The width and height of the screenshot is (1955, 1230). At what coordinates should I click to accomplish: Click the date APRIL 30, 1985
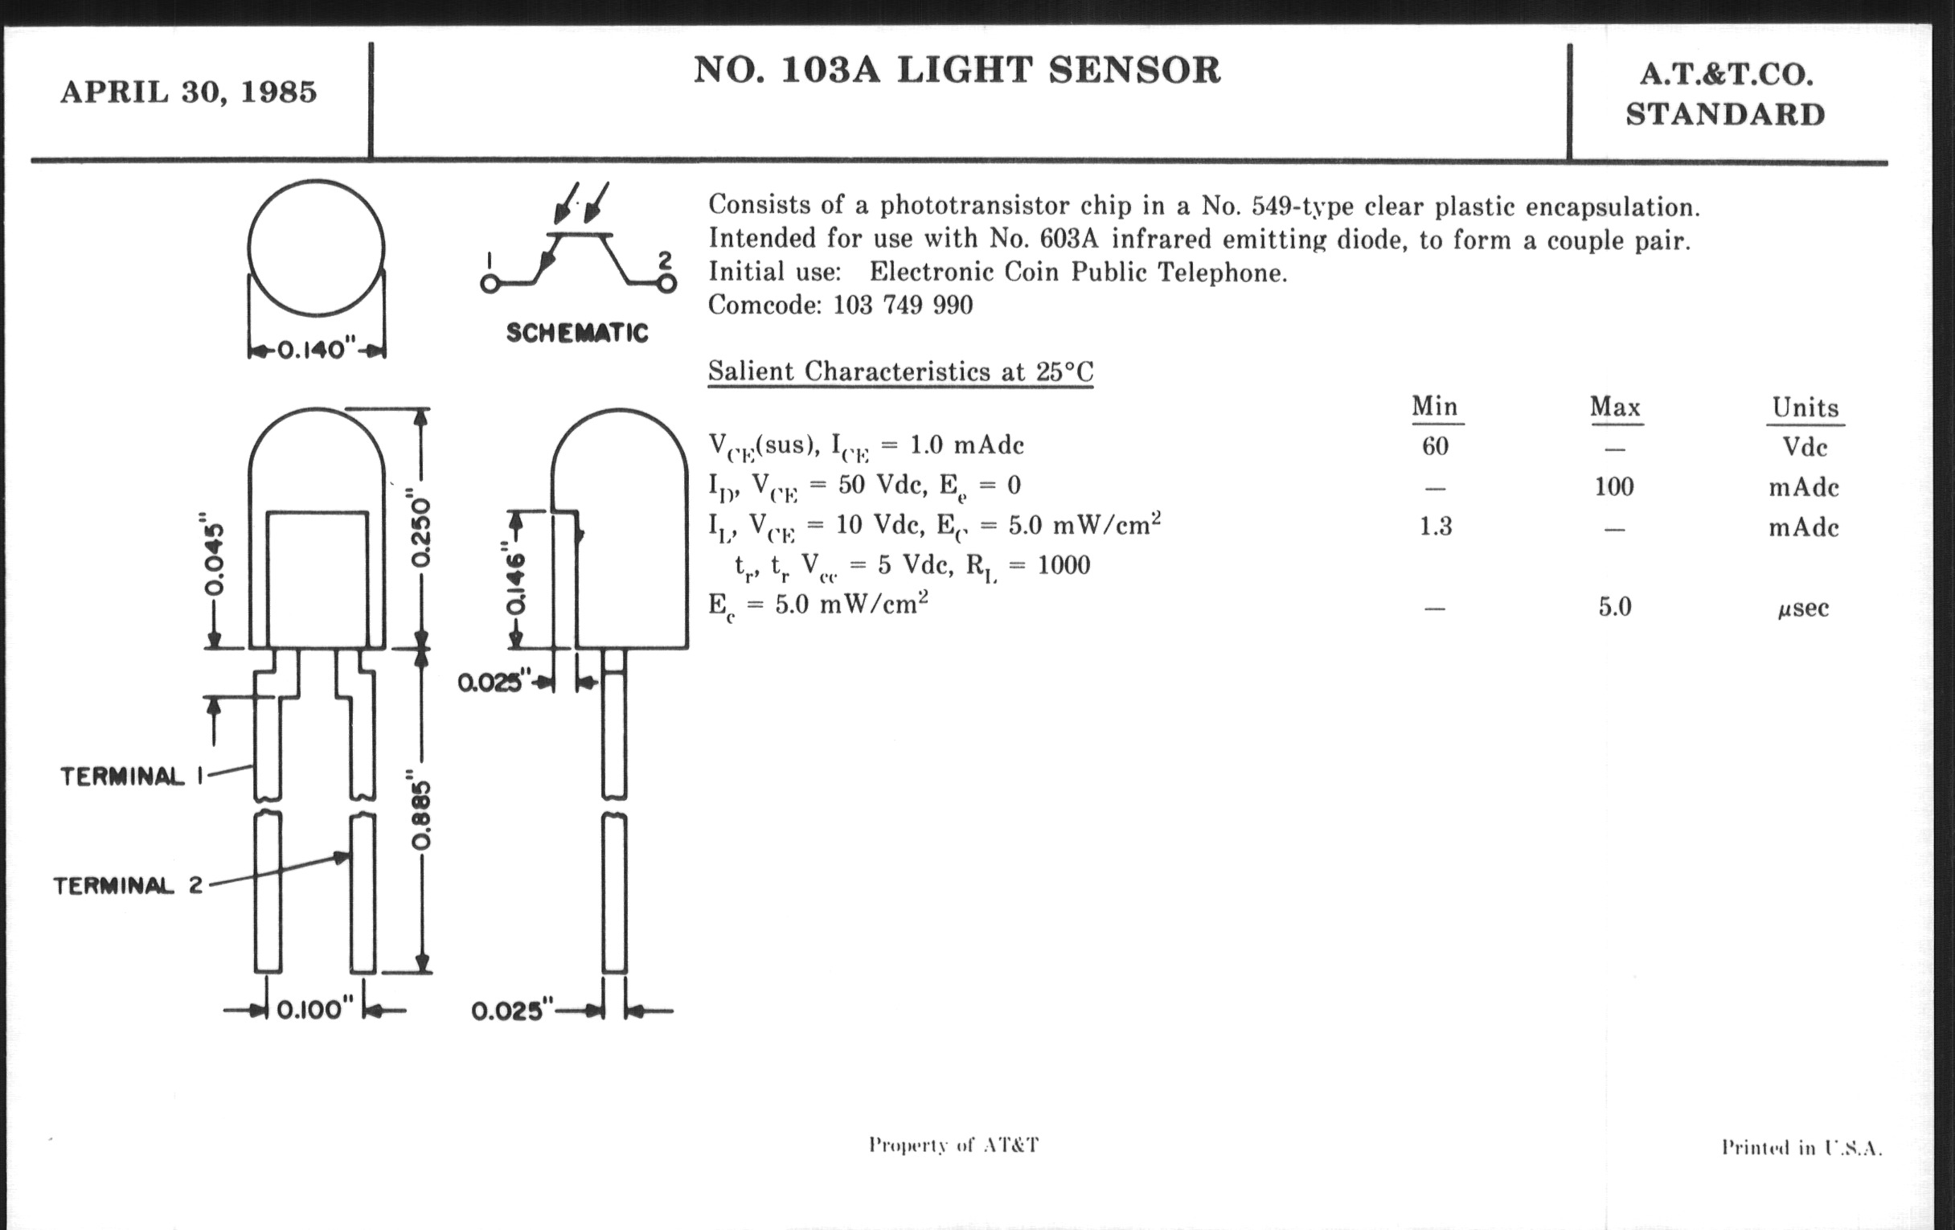(x=188, y=92)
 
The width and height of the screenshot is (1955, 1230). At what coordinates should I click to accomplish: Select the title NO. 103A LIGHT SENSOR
(x=957, y=71)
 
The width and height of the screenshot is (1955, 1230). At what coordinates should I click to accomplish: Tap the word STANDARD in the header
(x=1725, y=114)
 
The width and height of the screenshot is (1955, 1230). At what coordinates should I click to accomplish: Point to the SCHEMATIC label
(x=577, y=333)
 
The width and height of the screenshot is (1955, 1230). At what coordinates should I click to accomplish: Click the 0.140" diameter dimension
(x=317, y=351)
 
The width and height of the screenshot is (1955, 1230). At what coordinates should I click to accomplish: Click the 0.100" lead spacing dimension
(x=315, y=1010)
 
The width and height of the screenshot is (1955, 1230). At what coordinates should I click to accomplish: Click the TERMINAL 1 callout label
(x=131, y=777)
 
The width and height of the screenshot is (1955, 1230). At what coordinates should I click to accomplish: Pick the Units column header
(x=1805, y=408)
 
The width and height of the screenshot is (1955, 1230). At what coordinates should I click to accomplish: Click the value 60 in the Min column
(x=1435, y=445)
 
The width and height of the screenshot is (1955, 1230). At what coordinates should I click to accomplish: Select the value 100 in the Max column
(x=1613, y=486)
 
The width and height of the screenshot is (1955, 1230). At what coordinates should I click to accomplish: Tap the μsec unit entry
(x=1803, y=608)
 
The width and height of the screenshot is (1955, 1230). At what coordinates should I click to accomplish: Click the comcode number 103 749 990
(x=903, y=305)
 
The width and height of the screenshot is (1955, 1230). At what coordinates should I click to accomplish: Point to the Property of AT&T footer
(x=953, y=1146)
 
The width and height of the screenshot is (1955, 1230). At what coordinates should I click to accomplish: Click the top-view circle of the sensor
(x=316, y=248)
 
